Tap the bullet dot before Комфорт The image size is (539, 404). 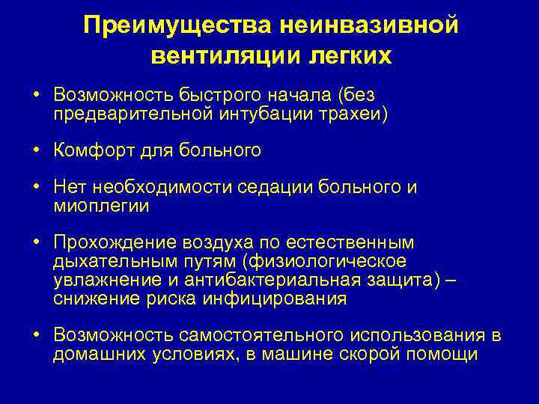(36, 151)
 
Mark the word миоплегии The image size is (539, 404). (101, 206)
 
